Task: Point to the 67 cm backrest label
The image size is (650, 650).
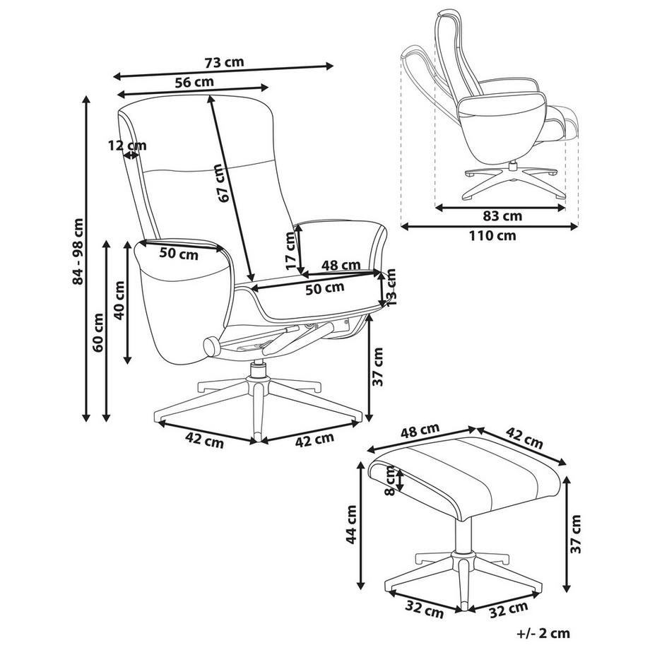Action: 224,184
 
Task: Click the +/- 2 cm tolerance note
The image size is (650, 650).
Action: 543,634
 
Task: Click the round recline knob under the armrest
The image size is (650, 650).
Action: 211,345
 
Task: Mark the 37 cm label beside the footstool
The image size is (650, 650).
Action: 577,533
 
